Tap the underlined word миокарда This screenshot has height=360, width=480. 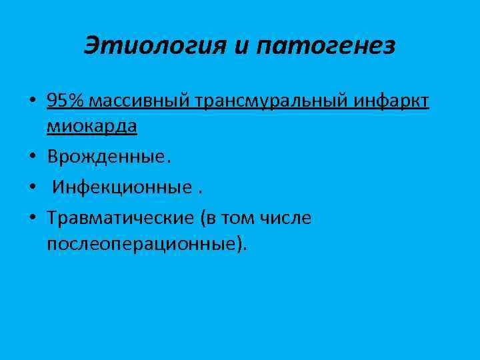(x=92, y=127)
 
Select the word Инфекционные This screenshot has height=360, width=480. (x=119, y=187)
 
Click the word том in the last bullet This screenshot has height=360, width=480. (x=237, y=217)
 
